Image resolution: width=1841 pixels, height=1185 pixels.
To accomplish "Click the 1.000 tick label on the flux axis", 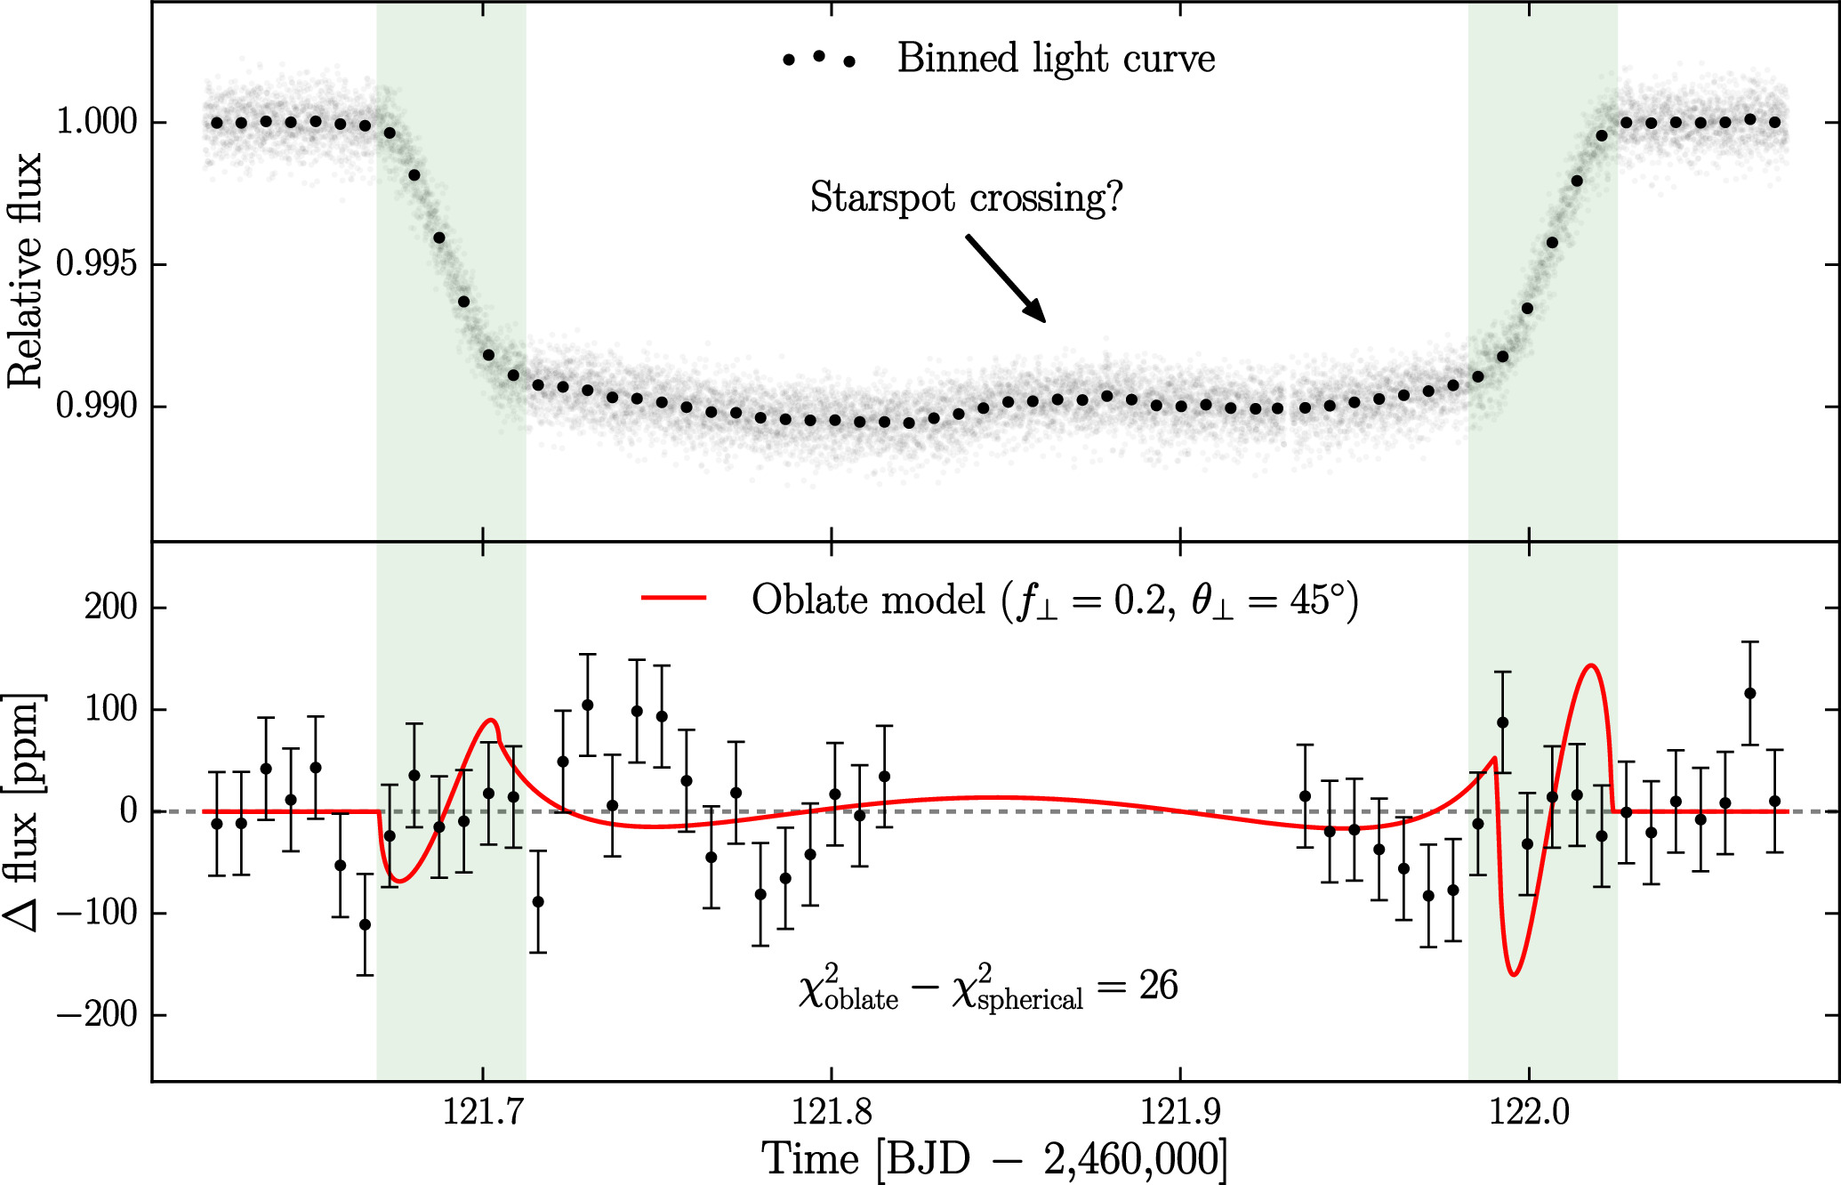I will (x=97, y=122).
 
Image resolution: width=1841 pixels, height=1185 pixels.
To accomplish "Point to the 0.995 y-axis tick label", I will (x=97, y=264).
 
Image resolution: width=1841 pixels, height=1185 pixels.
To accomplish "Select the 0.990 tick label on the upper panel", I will (x=97, y=407).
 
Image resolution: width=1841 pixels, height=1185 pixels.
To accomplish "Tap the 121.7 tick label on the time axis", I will (x=483, y=1113).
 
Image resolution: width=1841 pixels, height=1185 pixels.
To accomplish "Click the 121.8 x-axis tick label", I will (x=832, y=1113).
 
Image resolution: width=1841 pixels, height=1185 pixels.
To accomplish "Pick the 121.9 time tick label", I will (x=1180, y=1113).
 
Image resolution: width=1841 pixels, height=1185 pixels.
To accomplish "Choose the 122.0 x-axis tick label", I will (x=1529, y=1113).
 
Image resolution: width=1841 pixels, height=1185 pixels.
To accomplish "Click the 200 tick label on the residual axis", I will (x=111, y=608).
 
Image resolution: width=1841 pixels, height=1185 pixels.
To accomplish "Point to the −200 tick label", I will (x=97, y=1015).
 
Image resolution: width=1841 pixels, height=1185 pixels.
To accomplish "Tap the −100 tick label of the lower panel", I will (x=97, y=914).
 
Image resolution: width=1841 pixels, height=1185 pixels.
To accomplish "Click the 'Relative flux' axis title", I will (x=25, y=270).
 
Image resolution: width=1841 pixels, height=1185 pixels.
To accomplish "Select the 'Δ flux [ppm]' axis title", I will (x=25, y=811).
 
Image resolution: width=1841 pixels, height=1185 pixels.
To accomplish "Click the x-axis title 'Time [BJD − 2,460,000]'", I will (x=994, y=1159).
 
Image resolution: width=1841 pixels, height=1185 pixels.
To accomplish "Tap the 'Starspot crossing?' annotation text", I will (x=967, y=197).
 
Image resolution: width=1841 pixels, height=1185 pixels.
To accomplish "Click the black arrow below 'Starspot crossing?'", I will (x=1006, y=278).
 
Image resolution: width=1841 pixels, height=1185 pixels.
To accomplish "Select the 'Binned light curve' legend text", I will (x=1056, y=59).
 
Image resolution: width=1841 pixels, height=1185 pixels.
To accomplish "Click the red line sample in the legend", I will (x=674, y=599).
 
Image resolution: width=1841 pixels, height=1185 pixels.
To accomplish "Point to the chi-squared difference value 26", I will (x=1158, y=986).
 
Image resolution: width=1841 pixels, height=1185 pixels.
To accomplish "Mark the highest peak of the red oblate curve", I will (x=1591, y=665).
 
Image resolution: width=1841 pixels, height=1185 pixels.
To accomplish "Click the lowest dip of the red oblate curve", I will (x=1514, y=975).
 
